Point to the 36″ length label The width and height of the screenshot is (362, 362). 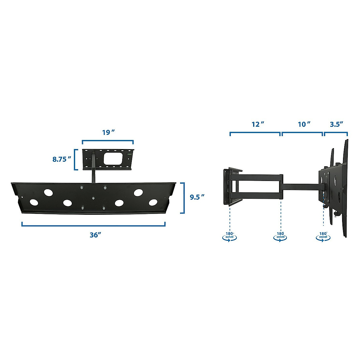point(95,235)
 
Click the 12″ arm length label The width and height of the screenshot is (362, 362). point(258,124)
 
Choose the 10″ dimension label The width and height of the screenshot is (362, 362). point(304,124)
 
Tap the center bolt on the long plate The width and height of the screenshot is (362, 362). point(93,198)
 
